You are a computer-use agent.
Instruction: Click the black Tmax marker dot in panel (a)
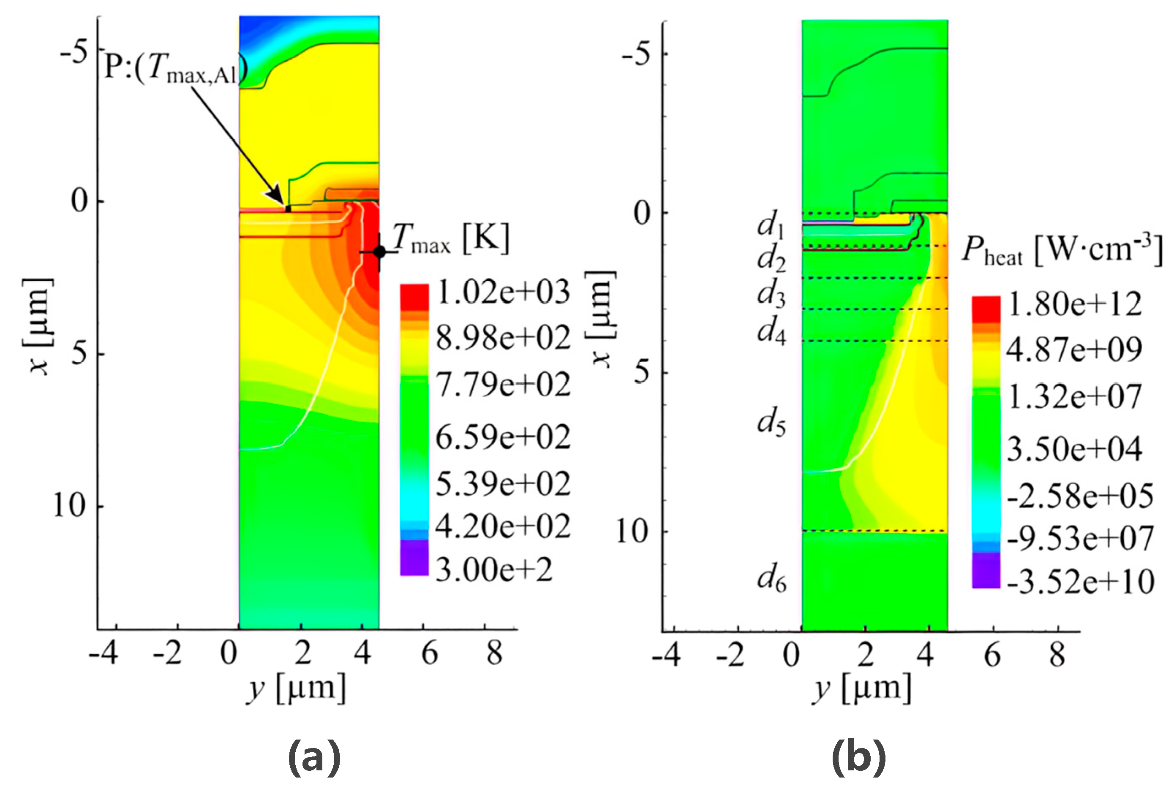(379, 252)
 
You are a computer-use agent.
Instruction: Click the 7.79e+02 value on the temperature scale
(503, 385)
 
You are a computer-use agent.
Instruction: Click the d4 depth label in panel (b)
(771, 332)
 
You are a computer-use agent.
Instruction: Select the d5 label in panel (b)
(771, 423)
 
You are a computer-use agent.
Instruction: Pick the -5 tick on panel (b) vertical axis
(637, 54)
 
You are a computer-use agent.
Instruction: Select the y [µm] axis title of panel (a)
(296, 689)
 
